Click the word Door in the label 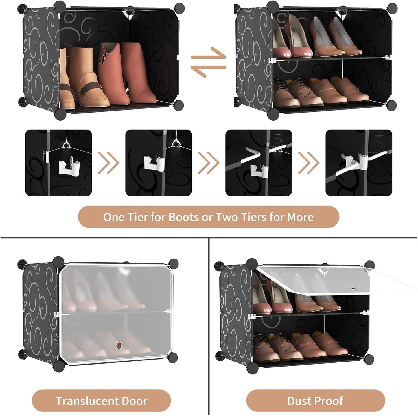[x=135, y=401]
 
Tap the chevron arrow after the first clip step [x=108, y=163]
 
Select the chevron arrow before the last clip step [x=309, y=163]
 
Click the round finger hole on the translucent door [x=119, y=345]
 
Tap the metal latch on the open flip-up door [x=353, y=288]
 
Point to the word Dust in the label [x=299, y=401]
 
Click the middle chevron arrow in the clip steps [x=208, y=163]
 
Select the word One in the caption [x=114, y=217]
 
